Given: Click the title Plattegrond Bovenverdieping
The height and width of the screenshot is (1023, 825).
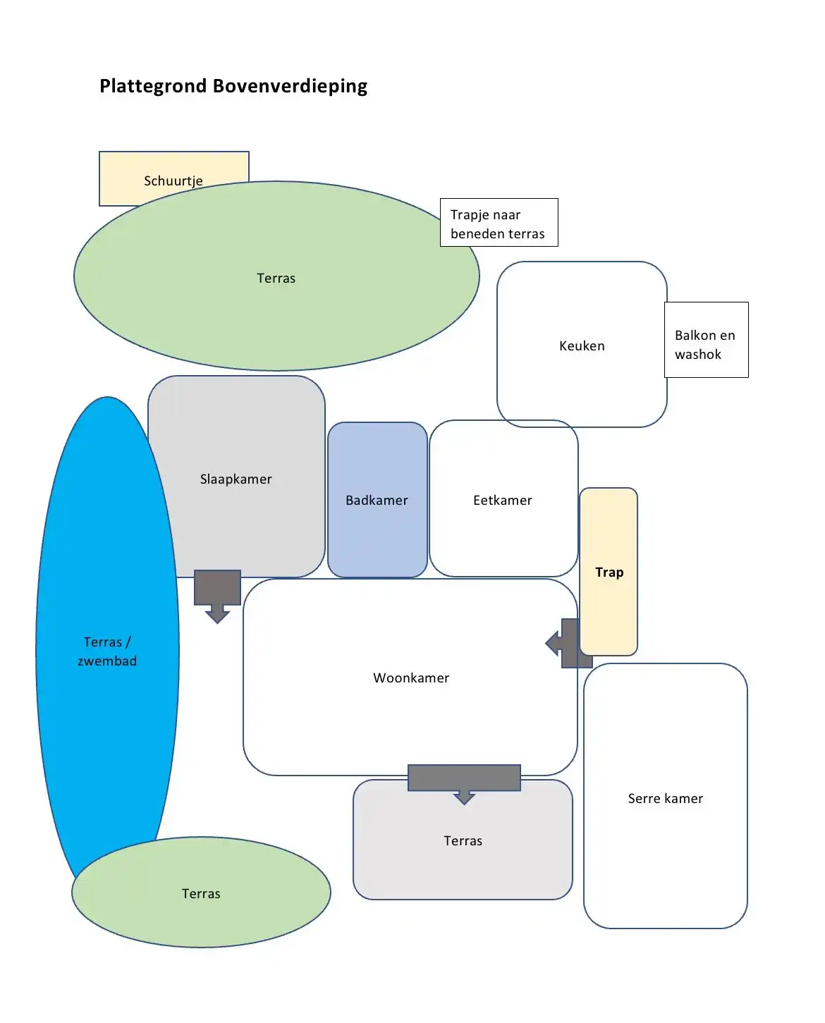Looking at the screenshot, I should click(233, 86).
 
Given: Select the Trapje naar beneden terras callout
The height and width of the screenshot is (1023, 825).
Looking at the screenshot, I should click(499, 223).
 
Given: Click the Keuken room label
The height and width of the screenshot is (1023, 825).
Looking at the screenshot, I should click(582, 345).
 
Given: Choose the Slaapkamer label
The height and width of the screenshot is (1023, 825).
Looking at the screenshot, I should click(236, 479).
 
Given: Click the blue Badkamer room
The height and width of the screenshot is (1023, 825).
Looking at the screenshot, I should click(377, 500).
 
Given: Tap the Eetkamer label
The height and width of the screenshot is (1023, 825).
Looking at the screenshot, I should click(503, 500).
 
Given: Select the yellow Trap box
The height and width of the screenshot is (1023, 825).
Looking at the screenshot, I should click(609, 572).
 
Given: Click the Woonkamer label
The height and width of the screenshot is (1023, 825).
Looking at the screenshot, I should click(411, 678).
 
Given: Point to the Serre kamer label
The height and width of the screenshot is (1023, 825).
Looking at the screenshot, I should click(665, 798).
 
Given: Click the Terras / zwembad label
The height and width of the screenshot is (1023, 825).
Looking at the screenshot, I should click(107, 651).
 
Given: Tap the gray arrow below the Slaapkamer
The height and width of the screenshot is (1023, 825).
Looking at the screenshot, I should click(217, 594).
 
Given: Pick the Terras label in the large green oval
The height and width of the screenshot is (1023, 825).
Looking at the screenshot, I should click(276, 278).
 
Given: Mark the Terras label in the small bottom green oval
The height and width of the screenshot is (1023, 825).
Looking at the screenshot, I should click(201, 893).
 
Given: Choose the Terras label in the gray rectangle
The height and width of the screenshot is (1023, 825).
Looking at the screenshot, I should click(463, 840).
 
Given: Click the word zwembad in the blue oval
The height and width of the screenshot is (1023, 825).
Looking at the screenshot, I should click(107, 661).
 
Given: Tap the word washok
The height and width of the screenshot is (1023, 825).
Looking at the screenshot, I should click(698, 354).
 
